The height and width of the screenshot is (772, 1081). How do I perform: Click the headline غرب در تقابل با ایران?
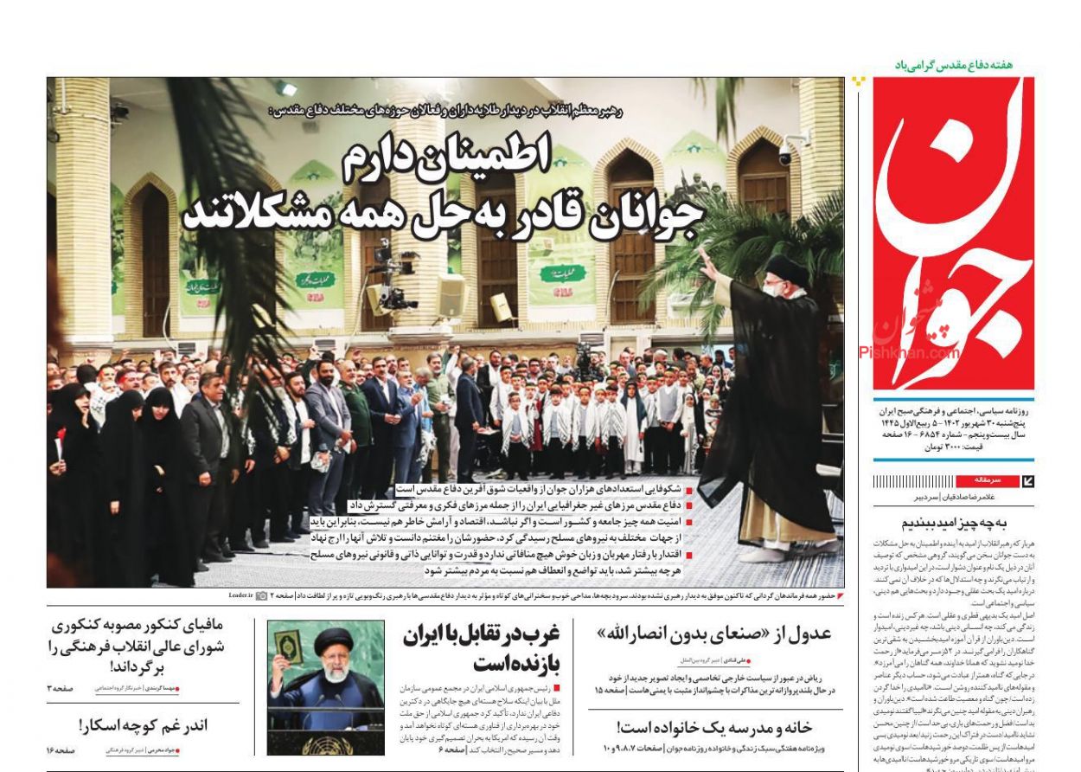tap(482, 649)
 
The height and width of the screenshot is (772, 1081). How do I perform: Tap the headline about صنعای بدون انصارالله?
tap(713, 634)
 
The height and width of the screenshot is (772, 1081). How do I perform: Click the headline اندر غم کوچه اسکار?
tap(143, 725)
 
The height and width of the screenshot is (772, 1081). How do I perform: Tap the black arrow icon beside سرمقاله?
tap(1027, 481)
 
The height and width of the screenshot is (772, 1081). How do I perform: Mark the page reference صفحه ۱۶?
tap(58, 749)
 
